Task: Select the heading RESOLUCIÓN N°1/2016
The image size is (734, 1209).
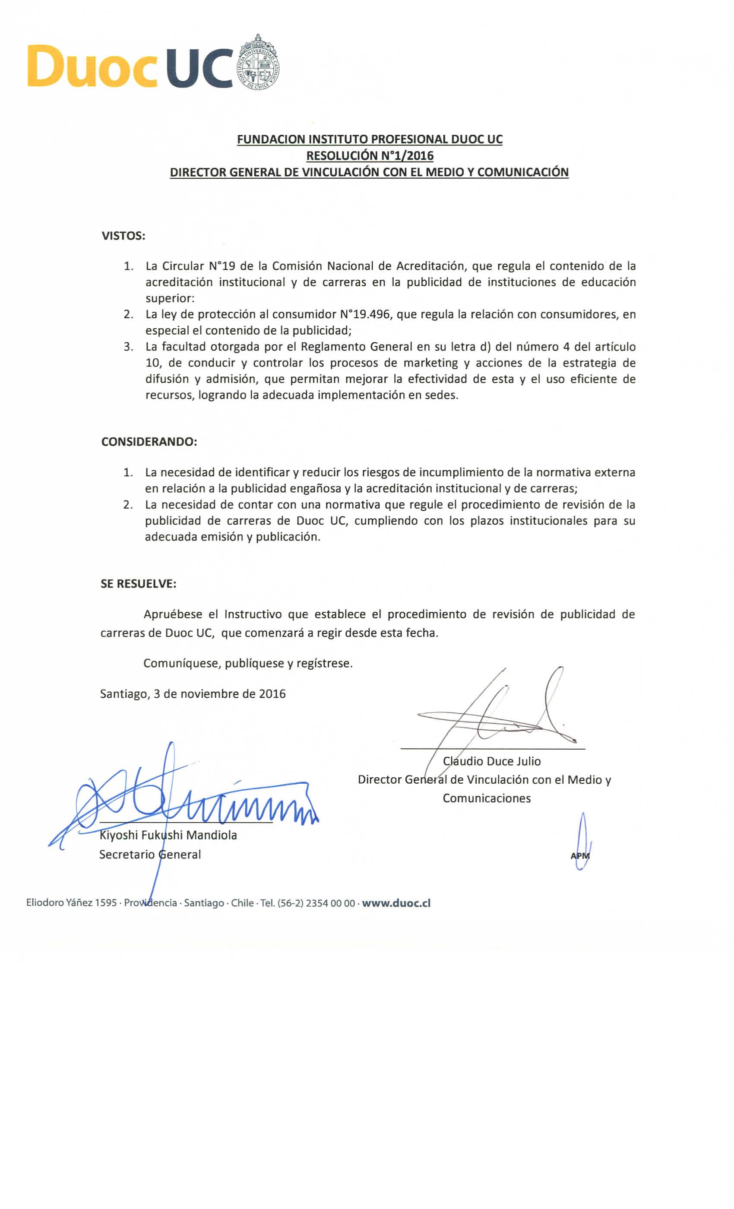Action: (370, 155)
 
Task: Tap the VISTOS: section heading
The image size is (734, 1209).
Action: (123, 235)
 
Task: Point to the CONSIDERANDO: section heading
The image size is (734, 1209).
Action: (149, 442)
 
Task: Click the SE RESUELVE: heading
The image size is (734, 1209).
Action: (138, 584)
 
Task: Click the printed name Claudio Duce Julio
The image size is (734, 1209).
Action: (492, 761)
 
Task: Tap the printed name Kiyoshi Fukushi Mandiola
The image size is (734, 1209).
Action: (168, 835)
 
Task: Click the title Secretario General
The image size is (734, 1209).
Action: (150, 854)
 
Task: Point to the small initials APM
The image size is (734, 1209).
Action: (580, 856)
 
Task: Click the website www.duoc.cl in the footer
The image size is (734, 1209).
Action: (396, 903)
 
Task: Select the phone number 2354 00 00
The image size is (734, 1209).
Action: (330, 903)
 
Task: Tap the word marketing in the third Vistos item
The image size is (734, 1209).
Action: (430, 363)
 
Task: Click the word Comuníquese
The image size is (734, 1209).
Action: (181, 663)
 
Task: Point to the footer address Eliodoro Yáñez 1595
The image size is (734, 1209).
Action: (72, 903)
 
